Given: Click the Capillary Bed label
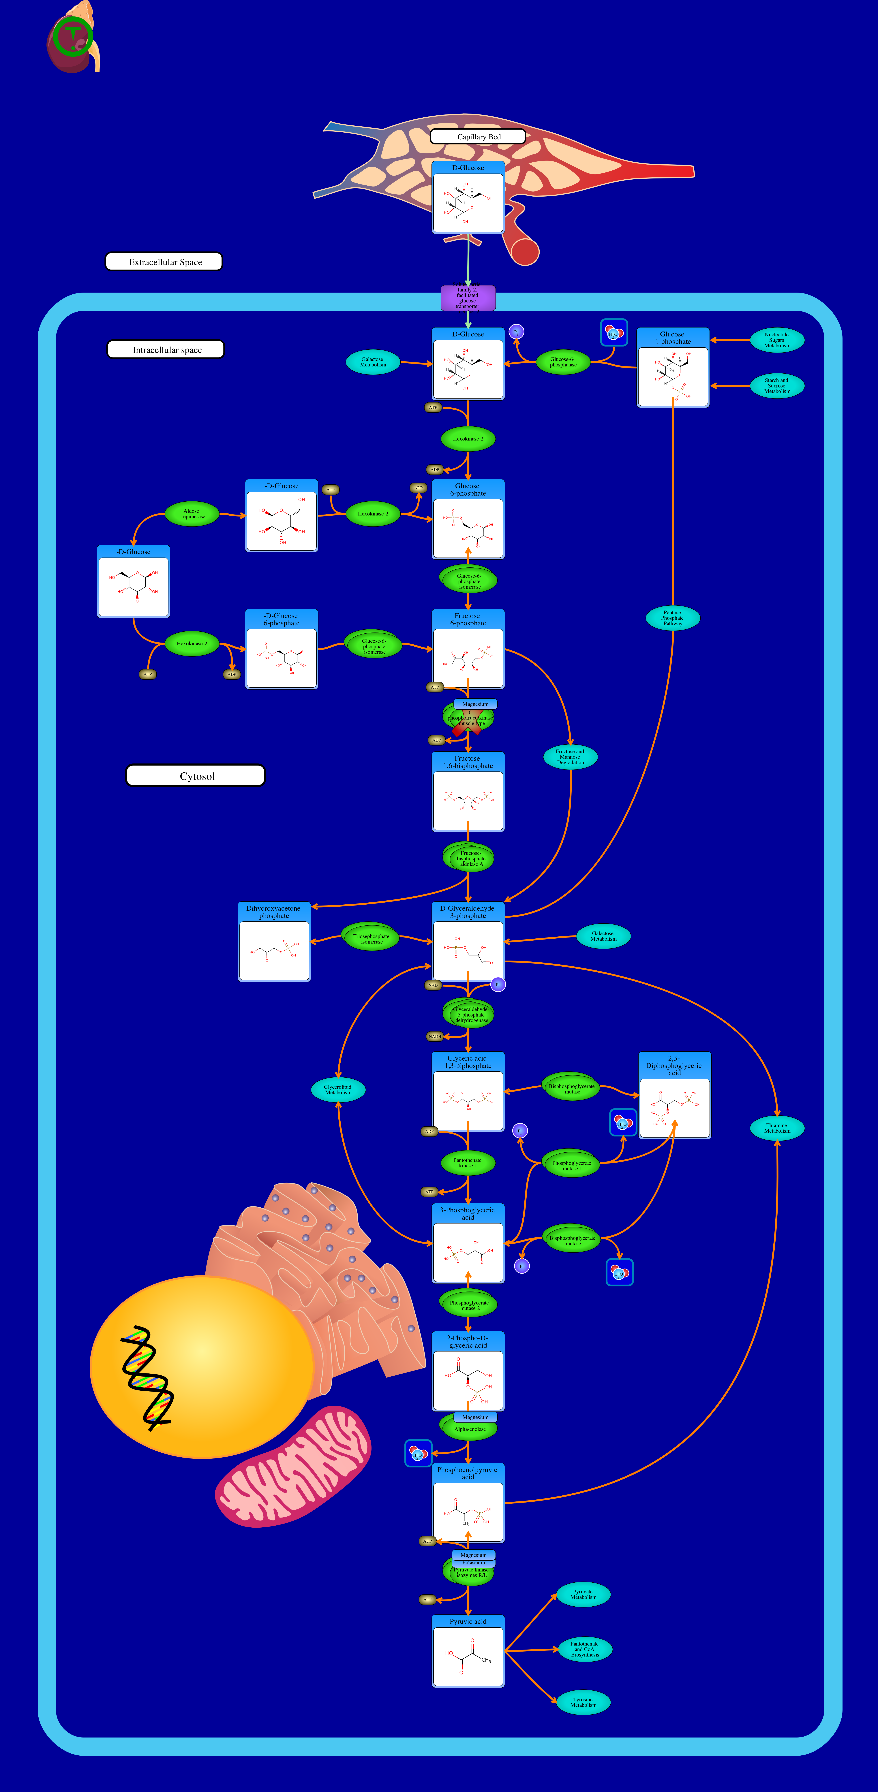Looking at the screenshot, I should click(478, 136).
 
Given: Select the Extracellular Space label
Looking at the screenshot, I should click(164, 261).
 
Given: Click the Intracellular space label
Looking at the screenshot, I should click(166, 349).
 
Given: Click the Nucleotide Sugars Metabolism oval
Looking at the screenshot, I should click(776, 340).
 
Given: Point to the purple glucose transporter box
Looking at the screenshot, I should click(468, 298).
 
